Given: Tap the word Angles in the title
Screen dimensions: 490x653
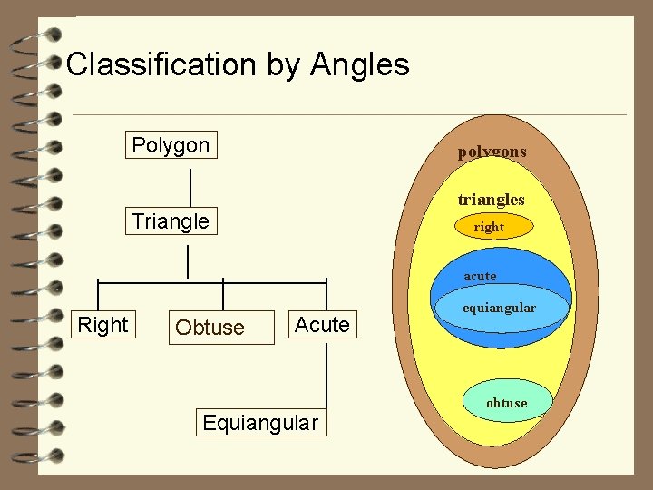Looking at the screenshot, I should tap(359, 64).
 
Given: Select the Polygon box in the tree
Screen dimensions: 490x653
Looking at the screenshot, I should tap(171, 145).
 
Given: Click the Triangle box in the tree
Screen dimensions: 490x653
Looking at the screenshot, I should tap(171, 221).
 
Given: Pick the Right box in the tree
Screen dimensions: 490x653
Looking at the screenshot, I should tap(102, 325).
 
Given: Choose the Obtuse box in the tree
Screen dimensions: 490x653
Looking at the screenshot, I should tap(210, 328).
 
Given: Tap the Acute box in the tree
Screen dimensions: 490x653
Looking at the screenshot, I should tap(322, 325).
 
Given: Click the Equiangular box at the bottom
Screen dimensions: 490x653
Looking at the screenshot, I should tap(260, 423).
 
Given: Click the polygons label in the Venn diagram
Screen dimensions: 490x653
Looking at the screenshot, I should tap(492, 152).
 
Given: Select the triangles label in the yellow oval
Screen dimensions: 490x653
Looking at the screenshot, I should tap(491, 200).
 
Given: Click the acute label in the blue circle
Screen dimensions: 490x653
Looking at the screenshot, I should tap(480, 276).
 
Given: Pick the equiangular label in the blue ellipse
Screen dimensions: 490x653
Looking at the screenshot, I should tap(499, 308).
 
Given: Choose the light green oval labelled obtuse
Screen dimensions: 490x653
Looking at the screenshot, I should tap(506, 403).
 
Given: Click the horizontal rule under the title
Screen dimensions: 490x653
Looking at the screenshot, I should tap(349, 115).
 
